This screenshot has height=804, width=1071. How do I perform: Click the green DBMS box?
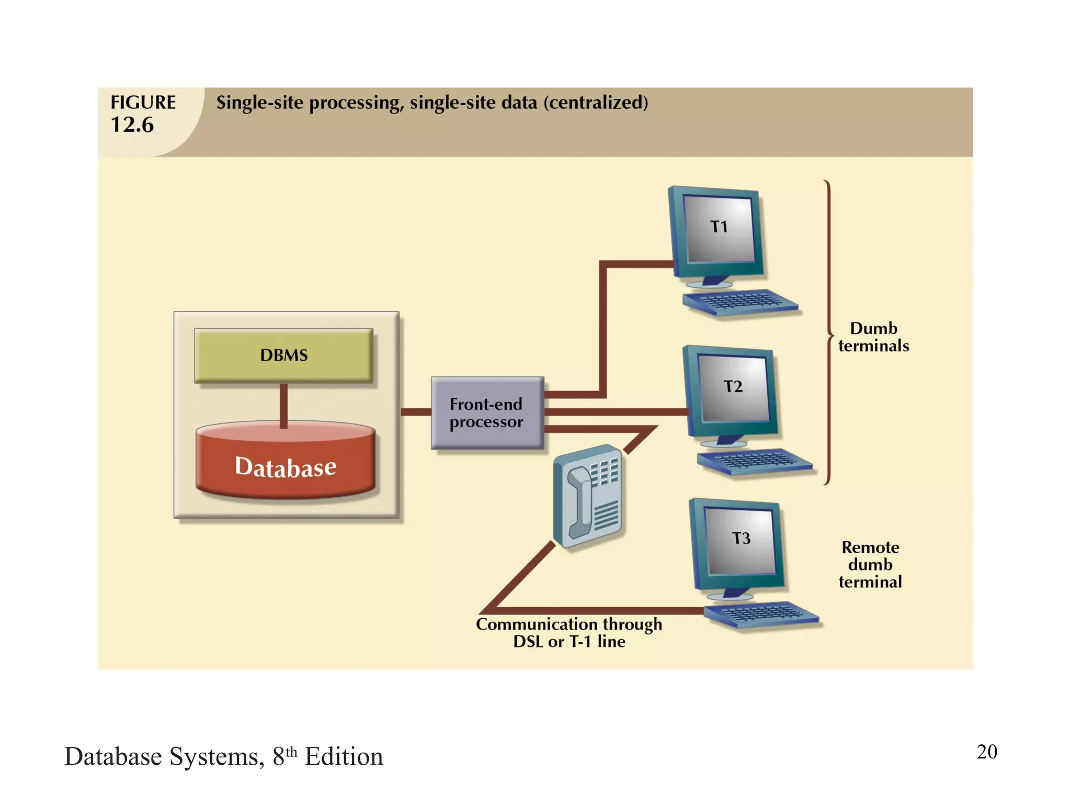(x=283, y=355)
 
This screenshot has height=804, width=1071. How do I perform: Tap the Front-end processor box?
(x=487, y=412)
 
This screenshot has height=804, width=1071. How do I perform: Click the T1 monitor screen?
(x=720, y=228)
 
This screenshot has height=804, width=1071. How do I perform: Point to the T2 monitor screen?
(x=734, y=387)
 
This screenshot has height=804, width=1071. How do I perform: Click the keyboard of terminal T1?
(x=740, y=302)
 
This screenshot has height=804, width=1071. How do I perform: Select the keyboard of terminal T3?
(x=761, y=613)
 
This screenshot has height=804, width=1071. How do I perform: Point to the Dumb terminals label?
(x=873, y=337)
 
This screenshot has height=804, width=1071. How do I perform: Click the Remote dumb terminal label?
(x=870, y=565)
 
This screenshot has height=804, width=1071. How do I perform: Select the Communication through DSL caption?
(x=569, y=632)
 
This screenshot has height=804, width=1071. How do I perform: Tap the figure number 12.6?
(x=132, y=125)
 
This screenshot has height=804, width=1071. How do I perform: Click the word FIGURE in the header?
(x=143, y=102)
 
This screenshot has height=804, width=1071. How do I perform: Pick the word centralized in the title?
(x=596, y=103)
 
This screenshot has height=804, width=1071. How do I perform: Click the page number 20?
(x=987, y=752)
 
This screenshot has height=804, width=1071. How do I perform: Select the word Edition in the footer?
(x=344, y=757)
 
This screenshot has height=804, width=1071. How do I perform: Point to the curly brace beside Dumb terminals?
(x=828, y=333)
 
